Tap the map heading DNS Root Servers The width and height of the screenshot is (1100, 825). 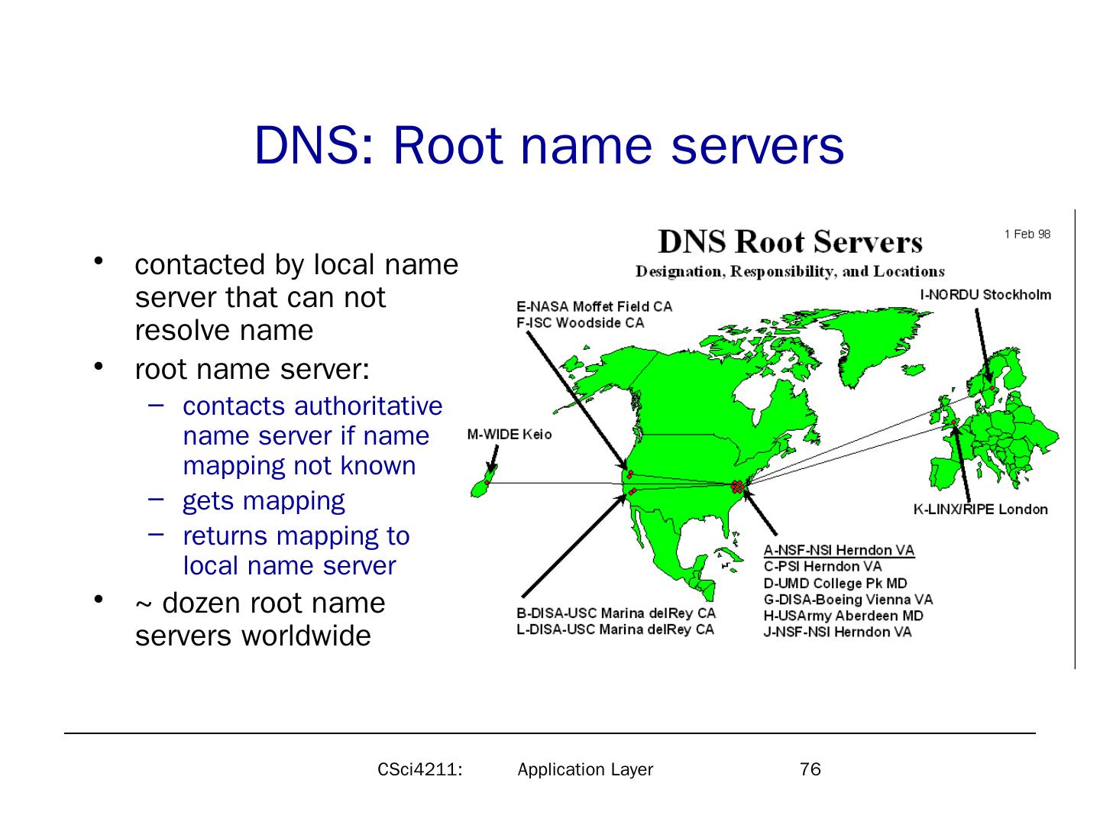[790, 242]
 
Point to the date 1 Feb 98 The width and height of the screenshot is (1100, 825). [1027, 234]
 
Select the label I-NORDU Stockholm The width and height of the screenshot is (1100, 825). [985, 295]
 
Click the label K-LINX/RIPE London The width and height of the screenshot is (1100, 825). [981, 510]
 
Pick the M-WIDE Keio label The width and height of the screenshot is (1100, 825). [509, 435]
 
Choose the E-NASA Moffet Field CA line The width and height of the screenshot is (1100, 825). [594, 306]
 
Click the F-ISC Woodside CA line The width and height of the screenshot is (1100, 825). [580, 322]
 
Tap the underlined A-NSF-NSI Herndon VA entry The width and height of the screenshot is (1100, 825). [839, 550]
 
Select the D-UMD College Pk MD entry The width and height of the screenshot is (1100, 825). [835, 583]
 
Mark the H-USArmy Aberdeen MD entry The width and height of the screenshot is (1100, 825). [843, 616]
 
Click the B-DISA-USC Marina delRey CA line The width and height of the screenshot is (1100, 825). [616, 613]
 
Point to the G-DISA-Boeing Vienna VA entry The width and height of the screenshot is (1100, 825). [848, 600]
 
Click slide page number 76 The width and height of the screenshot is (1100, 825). [810, 769]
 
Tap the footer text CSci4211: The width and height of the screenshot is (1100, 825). [421, 769]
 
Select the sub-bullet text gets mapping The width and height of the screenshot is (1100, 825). [264, 501]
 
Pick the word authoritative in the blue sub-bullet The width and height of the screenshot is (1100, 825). [367, 406]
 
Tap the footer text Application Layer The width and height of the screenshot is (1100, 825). [585, 769]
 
